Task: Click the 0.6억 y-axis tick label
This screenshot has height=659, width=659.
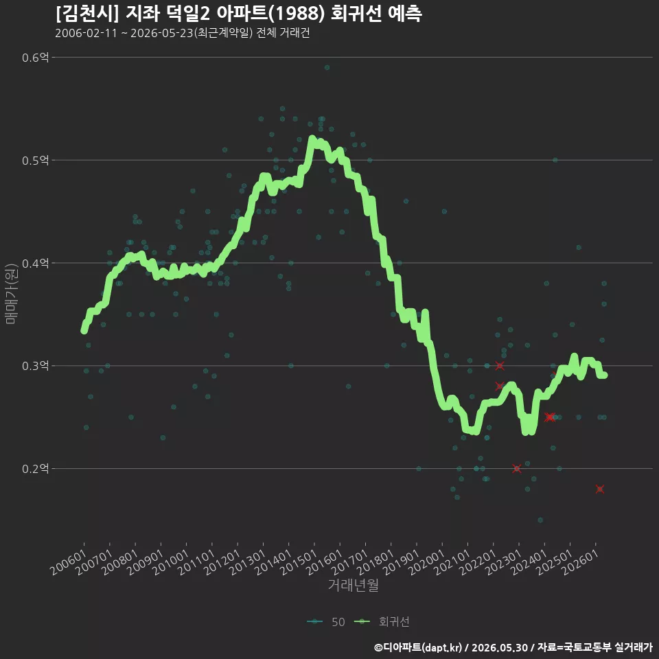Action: (35, 57)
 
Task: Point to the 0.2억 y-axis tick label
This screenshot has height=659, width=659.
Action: (35, 468)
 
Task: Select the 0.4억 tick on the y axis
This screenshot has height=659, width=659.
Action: (35, 263)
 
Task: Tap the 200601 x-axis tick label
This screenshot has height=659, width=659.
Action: (68, 562)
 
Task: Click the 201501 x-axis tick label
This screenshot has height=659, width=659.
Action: (299, 562)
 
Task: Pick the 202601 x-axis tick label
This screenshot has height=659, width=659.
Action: (580, 562)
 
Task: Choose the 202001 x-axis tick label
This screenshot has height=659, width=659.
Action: (426, 562)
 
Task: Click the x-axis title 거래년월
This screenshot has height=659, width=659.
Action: (353, 585)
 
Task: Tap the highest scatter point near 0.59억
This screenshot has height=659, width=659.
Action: (327, 68)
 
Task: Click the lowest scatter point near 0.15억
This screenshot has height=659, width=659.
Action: (540, 520)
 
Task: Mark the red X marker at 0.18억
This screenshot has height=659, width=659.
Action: (600, 489)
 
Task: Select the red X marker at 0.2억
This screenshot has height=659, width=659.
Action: (516, 468)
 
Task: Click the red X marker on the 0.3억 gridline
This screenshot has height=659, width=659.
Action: (499, 366)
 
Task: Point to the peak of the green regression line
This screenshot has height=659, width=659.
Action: (312, 138)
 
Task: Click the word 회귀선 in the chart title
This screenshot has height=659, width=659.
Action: (356, 14)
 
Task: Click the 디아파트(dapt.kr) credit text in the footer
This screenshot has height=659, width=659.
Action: (422, 647)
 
